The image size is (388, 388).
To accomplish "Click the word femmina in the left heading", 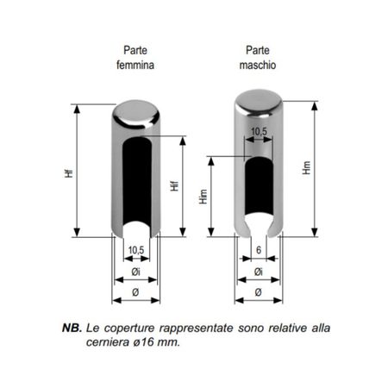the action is tap(135, 65).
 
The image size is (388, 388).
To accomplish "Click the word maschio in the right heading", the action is tap(258, 65).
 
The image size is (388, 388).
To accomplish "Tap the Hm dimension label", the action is tap(307, 167).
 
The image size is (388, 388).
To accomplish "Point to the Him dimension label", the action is tap(203, 197).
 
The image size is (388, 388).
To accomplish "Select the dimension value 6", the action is tap(259, 250).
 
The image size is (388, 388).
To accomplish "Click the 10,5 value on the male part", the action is tap(259, 132).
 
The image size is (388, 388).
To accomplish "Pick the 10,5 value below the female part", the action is tap(136, 250).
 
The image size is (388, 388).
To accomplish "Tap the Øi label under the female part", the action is tap(135, 272).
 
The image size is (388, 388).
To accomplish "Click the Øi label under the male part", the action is tap(259, 272).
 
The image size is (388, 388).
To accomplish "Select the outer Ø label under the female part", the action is tap(135, 292).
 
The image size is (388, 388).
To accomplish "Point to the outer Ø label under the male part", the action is tap(258, 292).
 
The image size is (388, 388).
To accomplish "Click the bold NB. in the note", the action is tap(72, 328).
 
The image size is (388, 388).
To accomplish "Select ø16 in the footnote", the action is tap(144, 342).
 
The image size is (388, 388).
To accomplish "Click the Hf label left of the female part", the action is tap(69, 173).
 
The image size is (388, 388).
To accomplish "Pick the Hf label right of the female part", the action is tap(174, 186).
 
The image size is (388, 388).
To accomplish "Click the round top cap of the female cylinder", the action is tap(135, 113).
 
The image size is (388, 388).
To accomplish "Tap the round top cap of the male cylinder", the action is tap(259, 103).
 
